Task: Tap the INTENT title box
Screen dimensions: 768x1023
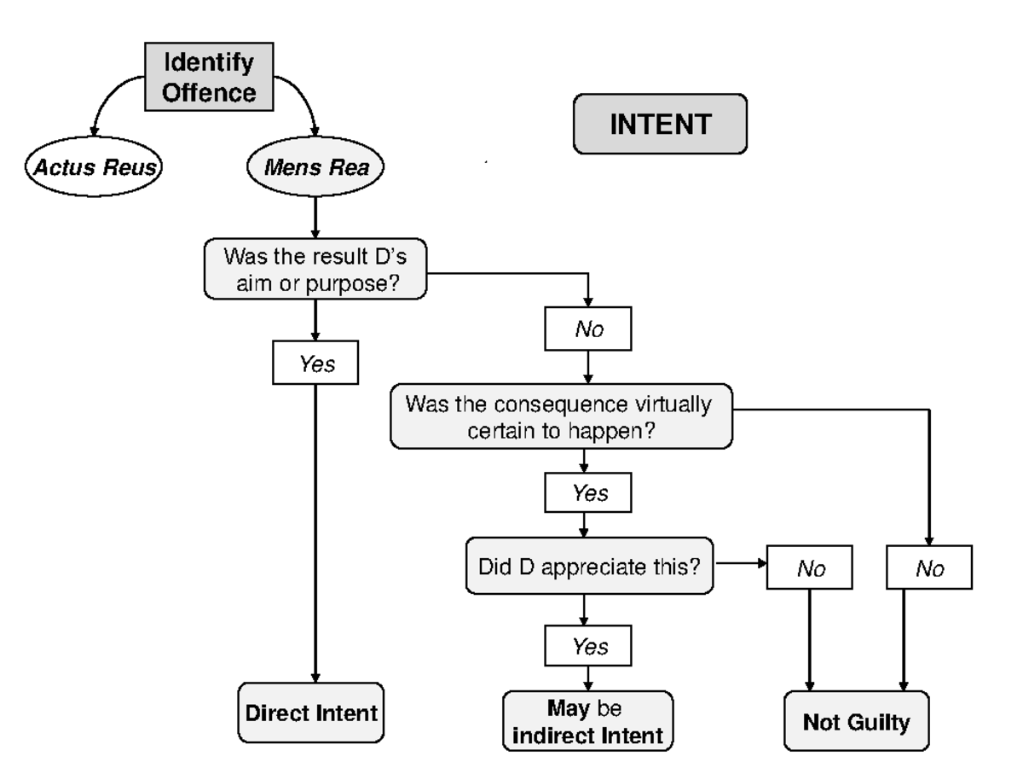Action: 659,124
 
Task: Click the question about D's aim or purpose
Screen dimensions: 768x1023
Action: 316,269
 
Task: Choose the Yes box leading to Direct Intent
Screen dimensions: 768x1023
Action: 316,364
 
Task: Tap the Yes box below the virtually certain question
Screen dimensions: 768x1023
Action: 588,494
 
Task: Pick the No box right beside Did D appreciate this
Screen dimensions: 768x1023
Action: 811,567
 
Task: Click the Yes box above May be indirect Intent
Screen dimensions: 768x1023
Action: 588,646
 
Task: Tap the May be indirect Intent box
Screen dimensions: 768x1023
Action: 588,720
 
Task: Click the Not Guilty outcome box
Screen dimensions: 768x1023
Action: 856,722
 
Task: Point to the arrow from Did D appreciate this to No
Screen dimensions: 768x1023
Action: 741,565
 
